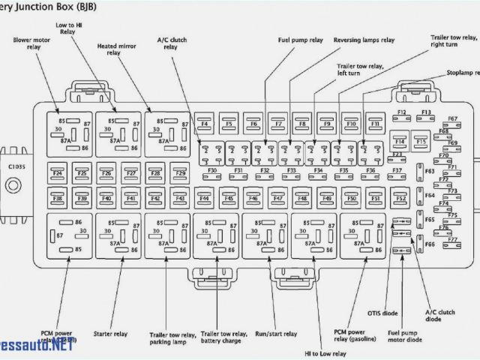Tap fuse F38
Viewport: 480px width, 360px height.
(58, 199)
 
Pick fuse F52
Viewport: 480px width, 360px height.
(400, 199)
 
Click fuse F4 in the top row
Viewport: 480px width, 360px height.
(204, 122)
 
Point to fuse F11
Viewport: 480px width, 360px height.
(374, 122)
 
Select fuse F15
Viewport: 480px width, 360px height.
(421, 140)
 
